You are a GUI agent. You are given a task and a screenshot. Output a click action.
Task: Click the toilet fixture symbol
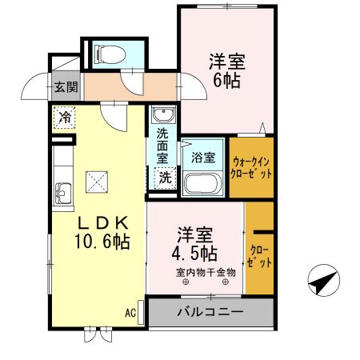[x=107, y=54]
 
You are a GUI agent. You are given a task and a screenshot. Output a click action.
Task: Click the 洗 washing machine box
[x=164, y=178]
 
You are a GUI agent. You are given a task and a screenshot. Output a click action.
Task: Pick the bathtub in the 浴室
[x=203, y=184]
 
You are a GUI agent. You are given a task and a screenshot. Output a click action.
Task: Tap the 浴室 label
[x=203, y=158]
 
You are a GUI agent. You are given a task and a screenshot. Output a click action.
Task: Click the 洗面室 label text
[x=163, y=143]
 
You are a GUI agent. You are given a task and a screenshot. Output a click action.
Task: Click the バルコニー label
[x=204, y=311]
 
